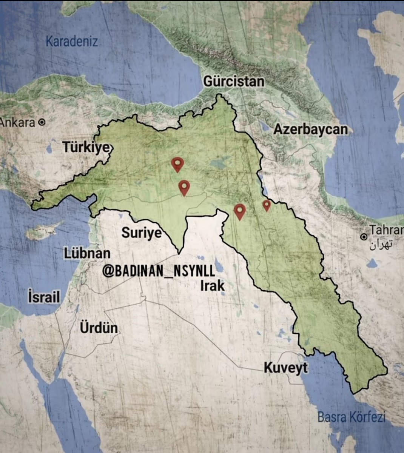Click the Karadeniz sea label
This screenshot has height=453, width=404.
72,41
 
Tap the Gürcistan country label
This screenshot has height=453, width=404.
234,82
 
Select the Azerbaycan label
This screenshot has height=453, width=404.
310,129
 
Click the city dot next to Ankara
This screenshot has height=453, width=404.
42,122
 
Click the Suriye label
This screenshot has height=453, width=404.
141,233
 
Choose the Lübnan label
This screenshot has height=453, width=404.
87,253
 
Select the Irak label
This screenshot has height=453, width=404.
212,286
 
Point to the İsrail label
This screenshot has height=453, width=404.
44,297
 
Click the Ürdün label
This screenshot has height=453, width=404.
99,328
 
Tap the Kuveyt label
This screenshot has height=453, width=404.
285,367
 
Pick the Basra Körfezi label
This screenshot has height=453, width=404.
351,417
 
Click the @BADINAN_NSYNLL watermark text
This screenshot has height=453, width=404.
159,271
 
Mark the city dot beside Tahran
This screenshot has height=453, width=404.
364,237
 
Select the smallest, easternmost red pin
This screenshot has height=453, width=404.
267,205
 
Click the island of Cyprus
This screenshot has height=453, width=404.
43,231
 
